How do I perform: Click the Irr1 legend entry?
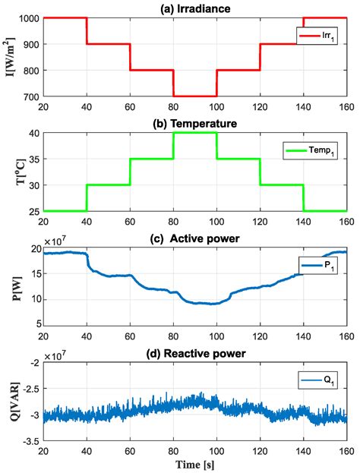[x=321, y=36]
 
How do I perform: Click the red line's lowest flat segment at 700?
[x=195, y=96]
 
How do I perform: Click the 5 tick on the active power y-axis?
[x=36, y=323]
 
